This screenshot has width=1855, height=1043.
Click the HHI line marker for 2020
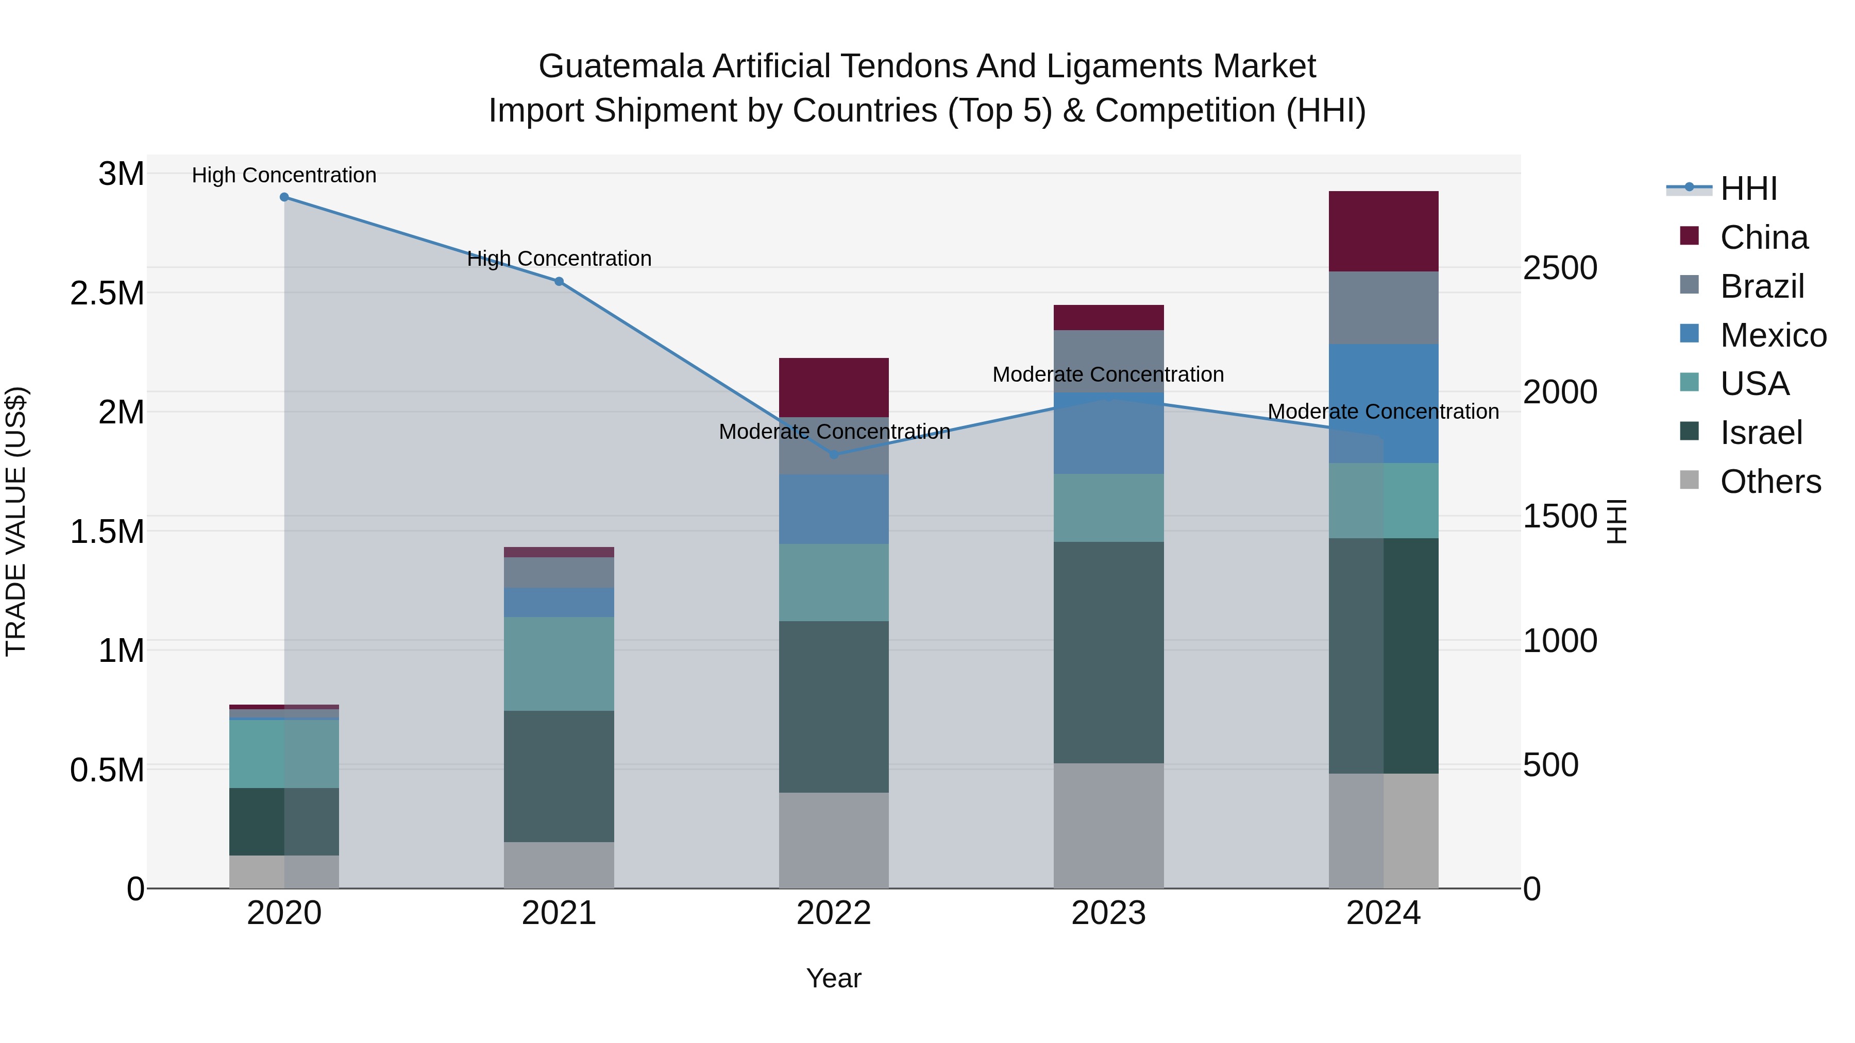coord(284,197)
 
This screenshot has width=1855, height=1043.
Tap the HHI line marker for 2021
coord(559,281)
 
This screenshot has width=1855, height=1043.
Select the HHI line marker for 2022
coord(834,454)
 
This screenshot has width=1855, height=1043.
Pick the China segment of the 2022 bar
coord(834,387)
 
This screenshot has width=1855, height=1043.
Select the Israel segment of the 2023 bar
coord(1108,652)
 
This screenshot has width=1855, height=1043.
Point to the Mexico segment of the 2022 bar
coord(834,508)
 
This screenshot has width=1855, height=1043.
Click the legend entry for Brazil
coord(1761,286)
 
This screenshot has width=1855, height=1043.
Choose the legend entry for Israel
coord(1761,433)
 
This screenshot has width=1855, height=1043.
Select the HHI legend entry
coord(1748,189)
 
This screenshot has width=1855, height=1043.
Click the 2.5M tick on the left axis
coord(107,293)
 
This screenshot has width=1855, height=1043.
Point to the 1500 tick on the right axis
coord(1560,516)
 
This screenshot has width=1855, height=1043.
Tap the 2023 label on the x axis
coord(1108,913)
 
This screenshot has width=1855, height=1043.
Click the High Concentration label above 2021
coord(559,259)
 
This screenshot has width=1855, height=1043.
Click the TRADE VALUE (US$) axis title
coord(16,521)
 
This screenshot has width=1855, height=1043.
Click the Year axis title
coord(833,978)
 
